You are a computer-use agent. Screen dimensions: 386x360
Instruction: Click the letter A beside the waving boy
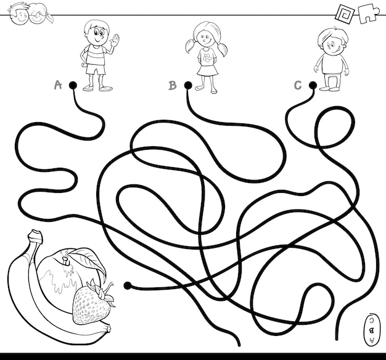[x=58, y=85]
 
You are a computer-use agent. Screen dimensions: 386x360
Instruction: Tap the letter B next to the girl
[x=173, y=85]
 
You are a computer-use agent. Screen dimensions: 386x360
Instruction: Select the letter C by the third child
[x=298, y=85]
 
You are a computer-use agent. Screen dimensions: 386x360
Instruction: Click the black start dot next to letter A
[x=73, y=86]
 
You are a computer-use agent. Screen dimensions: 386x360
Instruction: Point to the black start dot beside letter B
[x=188, y=85]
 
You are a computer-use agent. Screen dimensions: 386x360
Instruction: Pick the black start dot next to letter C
[x=313, y=85]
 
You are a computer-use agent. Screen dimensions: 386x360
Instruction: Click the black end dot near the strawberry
[x=127, y=285]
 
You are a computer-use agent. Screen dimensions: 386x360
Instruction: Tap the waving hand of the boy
[x=115, y=39]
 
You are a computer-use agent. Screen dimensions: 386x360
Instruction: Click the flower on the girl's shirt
[x=208, y=58]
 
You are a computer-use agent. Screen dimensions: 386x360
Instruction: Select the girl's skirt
[x=208, y=70]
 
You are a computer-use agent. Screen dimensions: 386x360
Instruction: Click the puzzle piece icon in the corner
[x=369, y=13]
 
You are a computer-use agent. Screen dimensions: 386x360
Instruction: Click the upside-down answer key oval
[x=371, y=330]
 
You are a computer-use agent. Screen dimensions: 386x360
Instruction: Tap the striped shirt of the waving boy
[x=94, y=55]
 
